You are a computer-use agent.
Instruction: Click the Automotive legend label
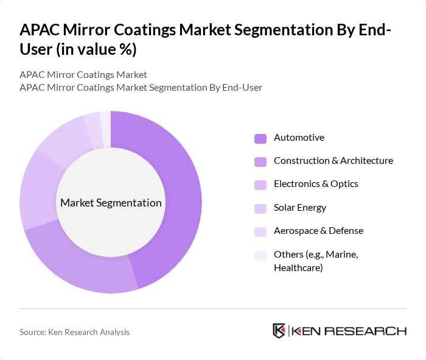pyautogui.click(x=299, y=138)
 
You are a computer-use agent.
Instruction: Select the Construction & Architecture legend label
pyautogui.click(x=333, y=161)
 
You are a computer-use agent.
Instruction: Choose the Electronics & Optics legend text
pyautogui.click(x=316, y=184)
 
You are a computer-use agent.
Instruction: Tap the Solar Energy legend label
pyautogui.click(x=300, y=208)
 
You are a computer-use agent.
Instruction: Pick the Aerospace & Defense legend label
pyautogui.click(x=318, y=231)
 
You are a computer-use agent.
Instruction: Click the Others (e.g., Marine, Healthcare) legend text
pyautogui.click(x=316, y=261)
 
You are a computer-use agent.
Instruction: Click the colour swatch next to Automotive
pyautogui.click(x=260, y=138)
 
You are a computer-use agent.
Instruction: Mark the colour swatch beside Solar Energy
pyautogui.click(x=260, y=208)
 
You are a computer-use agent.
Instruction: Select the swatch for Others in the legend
pyautogui.click(x=260, y=255)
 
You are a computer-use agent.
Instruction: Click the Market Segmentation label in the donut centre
pyautogui.click(x=111, y=203)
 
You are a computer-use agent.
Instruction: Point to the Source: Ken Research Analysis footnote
pyautogui.click(x=74, y=332)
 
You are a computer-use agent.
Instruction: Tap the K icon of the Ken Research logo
pyautogui.click(x=279, y=331)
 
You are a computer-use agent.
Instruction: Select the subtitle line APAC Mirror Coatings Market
pyautogui.click(x=83, y=74)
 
